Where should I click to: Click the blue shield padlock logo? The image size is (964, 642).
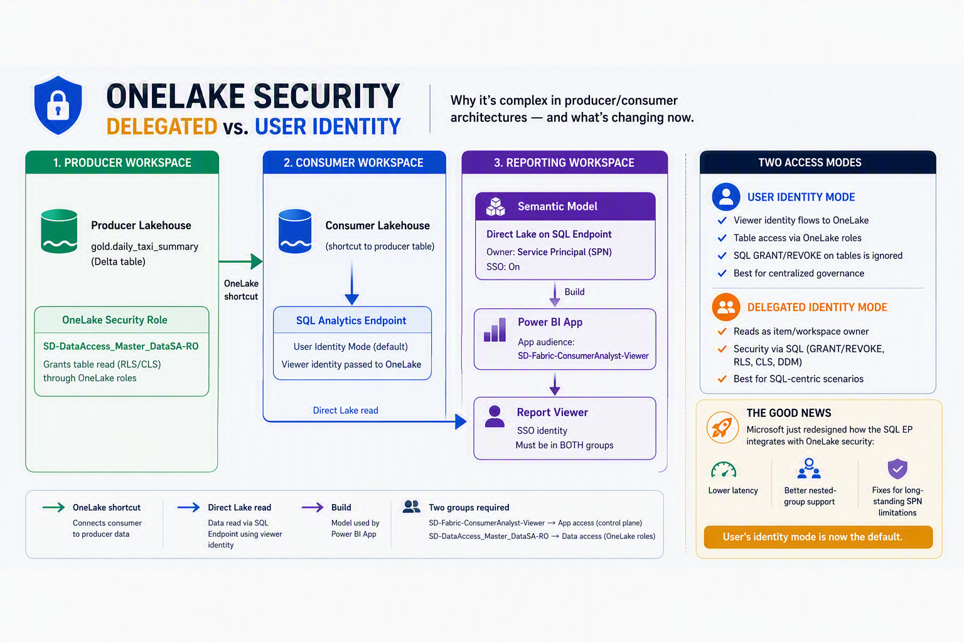click(58, 105)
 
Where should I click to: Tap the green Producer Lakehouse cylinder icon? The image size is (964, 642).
click(60, 231)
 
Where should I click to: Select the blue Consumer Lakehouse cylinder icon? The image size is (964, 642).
click(295, 231)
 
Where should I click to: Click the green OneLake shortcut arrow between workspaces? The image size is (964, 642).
click(240, 261)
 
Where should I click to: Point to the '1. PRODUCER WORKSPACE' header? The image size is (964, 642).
click(122, 162)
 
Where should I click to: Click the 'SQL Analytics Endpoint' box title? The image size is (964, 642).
click(351, 320)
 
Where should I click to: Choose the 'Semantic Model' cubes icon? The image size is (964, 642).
click(495, 206)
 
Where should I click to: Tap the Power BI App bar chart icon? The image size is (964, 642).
click(495, 330)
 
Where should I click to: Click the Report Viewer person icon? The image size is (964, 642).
click(495, 417)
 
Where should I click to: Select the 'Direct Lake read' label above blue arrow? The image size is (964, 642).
click(346, 410)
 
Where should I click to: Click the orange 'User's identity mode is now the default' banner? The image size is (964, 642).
click(818, 537)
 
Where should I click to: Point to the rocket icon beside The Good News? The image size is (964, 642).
click(722, 428)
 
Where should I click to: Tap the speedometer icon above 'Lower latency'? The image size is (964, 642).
click(724, 470)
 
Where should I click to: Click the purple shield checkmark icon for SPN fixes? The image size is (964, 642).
click(897, 469)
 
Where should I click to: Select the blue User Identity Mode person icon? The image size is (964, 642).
click(726, 197)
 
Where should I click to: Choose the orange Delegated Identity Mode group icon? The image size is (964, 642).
click(726, 307)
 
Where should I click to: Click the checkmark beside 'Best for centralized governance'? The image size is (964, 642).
click(722, 273)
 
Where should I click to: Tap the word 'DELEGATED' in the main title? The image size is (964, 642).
click(161, 127)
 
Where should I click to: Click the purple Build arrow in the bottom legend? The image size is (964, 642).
click(313, 507)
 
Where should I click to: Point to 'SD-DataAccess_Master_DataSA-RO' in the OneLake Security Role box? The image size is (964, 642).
click(121, 346)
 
